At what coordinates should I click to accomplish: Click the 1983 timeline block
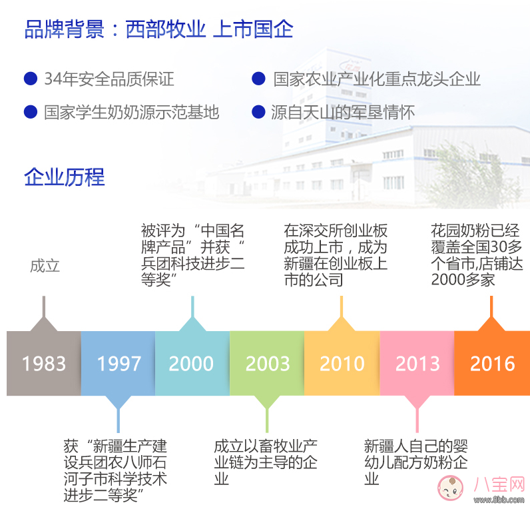[x=44, y=363]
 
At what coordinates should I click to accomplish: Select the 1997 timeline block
[x=119, y=363]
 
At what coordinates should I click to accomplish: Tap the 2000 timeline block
[x=192, y=363]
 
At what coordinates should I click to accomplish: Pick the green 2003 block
[x=267, y=363]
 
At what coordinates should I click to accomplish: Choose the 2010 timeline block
[x=342, y=363]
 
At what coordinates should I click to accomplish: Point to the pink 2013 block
[x=417, y=363]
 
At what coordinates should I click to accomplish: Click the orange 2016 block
[x=492, y=363]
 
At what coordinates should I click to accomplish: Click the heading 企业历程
[x=64, y=177]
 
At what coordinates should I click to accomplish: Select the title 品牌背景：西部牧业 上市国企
[x=158, y=30]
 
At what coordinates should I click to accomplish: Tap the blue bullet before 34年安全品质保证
[x=30, y=79]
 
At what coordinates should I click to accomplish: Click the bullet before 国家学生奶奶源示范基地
[x=30, y=111]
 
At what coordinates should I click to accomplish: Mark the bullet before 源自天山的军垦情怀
[x=258, y=111]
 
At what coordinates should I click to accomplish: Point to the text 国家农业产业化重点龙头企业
[x=377, y=79]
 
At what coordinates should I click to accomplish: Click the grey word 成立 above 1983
[x=45, y=266]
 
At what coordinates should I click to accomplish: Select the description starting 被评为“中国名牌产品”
[x=192, y=255]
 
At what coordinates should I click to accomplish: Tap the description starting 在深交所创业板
[x=336, y=255]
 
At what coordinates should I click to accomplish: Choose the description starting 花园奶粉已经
[x=477, y=255]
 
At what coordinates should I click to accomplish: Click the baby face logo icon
[x=453, y=489]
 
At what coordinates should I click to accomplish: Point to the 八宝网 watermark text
[x=498, y=485]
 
